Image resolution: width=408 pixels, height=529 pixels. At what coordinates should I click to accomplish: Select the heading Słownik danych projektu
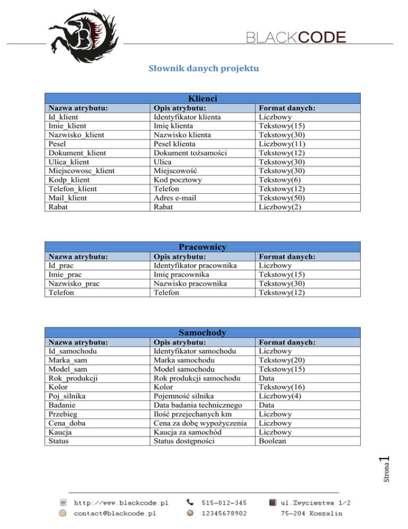point(204,69)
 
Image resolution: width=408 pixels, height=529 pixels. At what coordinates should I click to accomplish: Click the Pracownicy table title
point(203,247)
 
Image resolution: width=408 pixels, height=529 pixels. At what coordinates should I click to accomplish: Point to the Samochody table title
point(203,333)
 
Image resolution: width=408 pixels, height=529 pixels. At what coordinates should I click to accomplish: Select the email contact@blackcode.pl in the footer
point(114,514)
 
